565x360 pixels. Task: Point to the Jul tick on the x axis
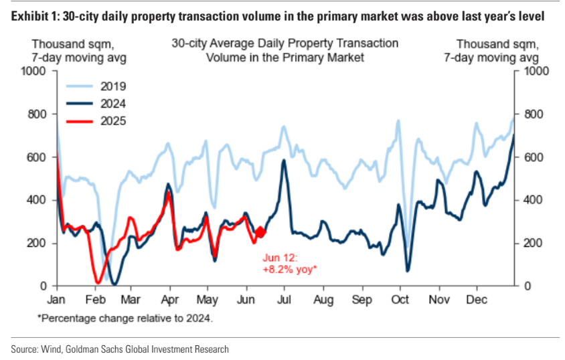[x=286, y=298]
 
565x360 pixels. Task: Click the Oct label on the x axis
[x=400, y=298]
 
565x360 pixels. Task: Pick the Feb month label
[x=94, y=298]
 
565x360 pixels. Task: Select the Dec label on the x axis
[x=477, y=298]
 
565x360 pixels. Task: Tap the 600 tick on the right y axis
[x=531, y=157]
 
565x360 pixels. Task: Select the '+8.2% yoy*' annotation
[x=289, y=269]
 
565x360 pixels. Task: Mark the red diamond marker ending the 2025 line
[x=260, y=232]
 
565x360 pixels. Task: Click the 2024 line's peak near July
[x=284, y=161]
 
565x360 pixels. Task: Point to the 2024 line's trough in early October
[x=407, y=270]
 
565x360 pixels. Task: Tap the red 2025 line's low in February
[x=98, y=282]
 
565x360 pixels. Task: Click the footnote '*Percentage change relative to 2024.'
[x=125, y=318]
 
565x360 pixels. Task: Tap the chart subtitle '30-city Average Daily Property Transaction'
[x=285, y=43]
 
